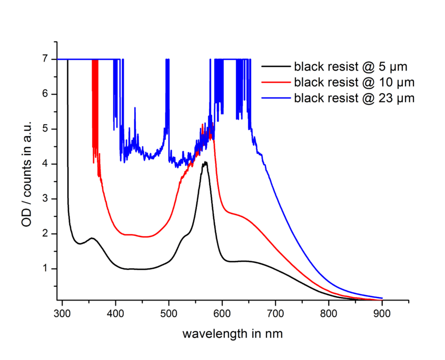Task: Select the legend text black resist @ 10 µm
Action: (354, 82)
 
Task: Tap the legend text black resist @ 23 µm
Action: (354, 98)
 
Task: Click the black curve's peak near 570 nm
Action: (205, 162)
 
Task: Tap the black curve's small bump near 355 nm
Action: (92, 238)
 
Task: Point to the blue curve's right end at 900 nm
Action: (381, 298)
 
